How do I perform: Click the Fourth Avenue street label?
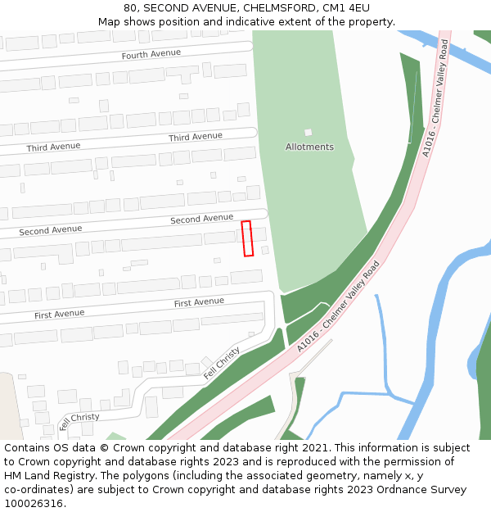click(151, 54)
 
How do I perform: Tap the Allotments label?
click(309, 147)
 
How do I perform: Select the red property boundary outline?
click(247, 238)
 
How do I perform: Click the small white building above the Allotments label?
click(309, 132)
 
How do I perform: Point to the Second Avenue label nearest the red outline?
click(201, 219)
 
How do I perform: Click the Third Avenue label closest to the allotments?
click(196, 137)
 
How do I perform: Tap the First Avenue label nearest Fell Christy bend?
click(199, 302)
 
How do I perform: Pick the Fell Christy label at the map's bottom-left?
click(79, 421)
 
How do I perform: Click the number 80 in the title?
click(130, 8)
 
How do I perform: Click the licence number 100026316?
click(34, 504)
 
